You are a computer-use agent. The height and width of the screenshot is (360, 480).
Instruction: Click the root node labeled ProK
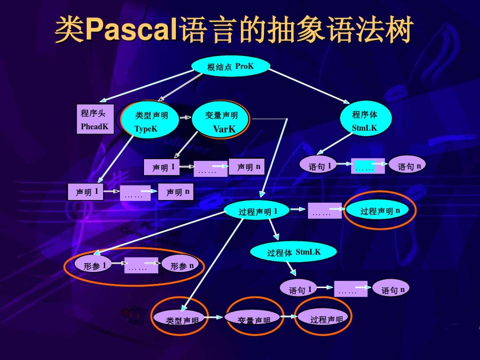[x=230, y=66]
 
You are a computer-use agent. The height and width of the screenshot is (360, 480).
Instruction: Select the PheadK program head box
[x=95, y=119]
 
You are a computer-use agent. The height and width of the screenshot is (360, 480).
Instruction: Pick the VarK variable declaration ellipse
[x=221, y=120]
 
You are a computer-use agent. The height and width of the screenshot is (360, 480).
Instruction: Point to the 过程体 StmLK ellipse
[x=293, y=252]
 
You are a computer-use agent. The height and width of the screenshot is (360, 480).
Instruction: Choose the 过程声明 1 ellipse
[x=257, y=211]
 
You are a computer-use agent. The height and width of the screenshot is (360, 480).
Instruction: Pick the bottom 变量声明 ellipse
[x=253, y=319]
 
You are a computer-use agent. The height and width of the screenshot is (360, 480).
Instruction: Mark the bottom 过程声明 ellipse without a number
[x=325, y=318]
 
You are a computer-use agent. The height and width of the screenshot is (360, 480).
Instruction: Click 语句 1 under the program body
[x=318, y=165]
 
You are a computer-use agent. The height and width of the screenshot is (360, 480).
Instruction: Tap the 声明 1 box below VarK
[x=162, y=167]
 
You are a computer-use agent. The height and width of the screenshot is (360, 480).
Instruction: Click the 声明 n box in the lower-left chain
[x=176, y=192]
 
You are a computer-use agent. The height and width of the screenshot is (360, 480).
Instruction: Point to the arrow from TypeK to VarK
[x=185, y=117]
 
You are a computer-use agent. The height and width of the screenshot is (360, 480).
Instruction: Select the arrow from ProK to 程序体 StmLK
[x=308, y=86]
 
